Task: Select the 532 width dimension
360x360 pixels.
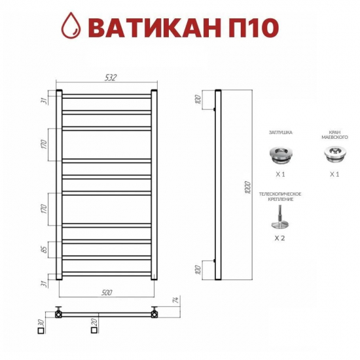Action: point(109,77)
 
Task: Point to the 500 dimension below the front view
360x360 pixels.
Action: point(108,291)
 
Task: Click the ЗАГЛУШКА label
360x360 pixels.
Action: point(280,132)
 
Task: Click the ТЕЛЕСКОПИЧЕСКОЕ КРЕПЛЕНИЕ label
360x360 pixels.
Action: point(280,196)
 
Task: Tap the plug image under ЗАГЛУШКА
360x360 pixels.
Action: point(280,155)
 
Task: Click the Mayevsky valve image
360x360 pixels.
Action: point(333,155)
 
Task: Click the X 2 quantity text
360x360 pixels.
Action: point(280,238)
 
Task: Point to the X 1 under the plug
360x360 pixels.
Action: point(280,175)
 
